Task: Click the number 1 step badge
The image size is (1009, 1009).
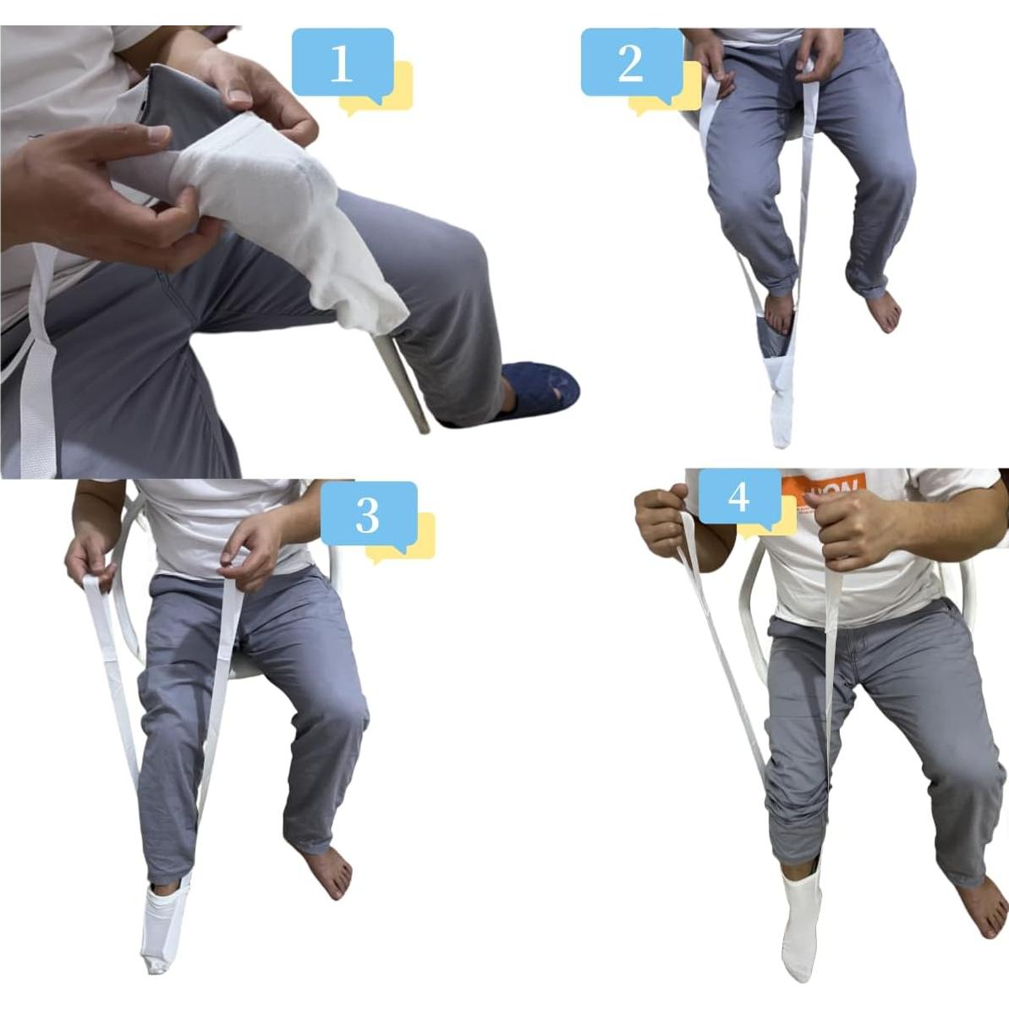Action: pyautogui.click(x=343, y=63)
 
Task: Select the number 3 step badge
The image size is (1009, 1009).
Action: pyautogui.click(x=368, y=514)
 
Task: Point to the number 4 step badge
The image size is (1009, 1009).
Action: pyautogui.click(x=738, y=497)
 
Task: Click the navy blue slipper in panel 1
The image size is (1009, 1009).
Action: pyautogui.click(x=538, y=391)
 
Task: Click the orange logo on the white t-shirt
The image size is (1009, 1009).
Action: pyautogui.click(x=820, y=498)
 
